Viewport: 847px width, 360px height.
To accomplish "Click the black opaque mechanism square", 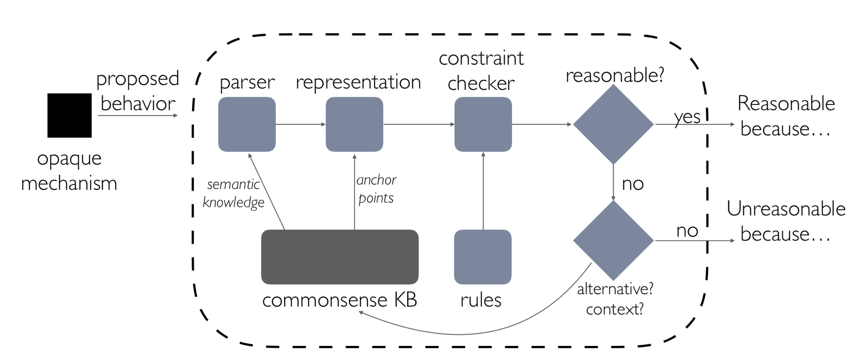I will [x=69, y=115].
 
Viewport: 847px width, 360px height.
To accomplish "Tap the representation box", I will [x=354, y=124].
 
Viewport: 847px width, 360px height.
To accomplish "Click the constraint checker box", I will [x=483, y=124].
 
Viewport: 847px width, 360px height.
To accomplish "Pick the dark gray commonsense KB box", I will [x=340, y=257].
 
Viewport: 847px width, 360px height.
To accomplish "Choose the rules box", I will [x=483, y=257].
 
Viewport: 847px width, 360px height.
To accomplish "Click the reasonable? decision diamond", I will [x=613, y=124].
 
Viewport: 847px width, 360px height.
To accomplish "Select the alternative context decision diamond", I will [x=613, y=240].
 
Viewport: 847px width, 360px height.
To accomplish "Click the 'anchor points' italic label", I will [x=376, y=189].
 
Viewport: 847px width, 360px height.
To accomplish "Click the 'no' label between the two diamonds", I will [x=633, y=184].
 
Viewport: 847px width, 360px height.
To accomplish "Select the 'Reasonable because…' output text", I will [x=786, y=116].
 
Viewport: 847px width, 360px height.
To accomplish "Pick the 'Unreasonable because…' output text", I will [x=786, y=221].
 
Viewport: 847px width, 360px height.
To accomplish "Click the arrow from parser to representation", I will [x=300, y=124].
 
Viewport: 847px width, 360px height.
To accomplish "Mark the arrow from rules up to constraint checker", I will [x=483, y=191].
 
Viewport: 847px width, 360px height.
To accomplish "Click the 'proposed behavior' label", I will [x=138, y=91].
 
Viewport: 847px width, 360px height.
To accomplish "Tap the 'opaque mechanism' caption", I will [x=69, y=171].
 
